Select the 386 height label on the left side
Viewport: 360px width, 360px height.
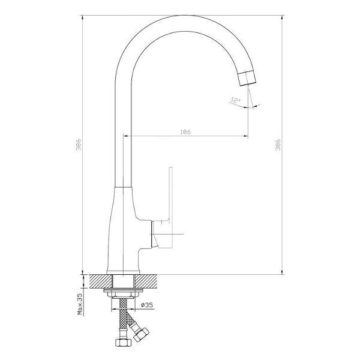pos(79,144)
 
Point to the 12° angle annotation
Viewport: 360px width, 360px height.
pos(235,100)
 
